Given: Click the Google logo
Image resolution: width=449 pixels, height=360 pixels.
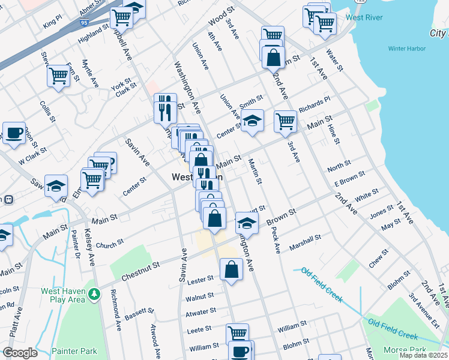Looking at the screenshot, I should click(20, 353).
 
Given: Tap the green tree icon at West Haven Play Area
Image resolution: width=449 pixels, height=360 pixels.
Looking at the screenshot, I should click(94, 294).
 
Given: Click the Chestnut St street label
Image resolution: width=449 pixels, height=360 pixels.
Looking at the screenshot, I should click(140, 262).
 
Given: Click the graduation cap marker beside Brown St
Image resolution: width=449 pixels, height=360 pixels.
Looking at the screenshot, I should click(246, 223).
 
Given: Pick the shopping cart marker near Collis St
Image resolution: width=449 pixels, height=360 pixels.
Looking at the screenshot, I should click(58, 76).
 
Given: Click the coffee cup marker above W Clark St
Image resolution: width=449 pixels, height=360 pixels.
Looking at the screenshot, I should click(14, 133).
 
